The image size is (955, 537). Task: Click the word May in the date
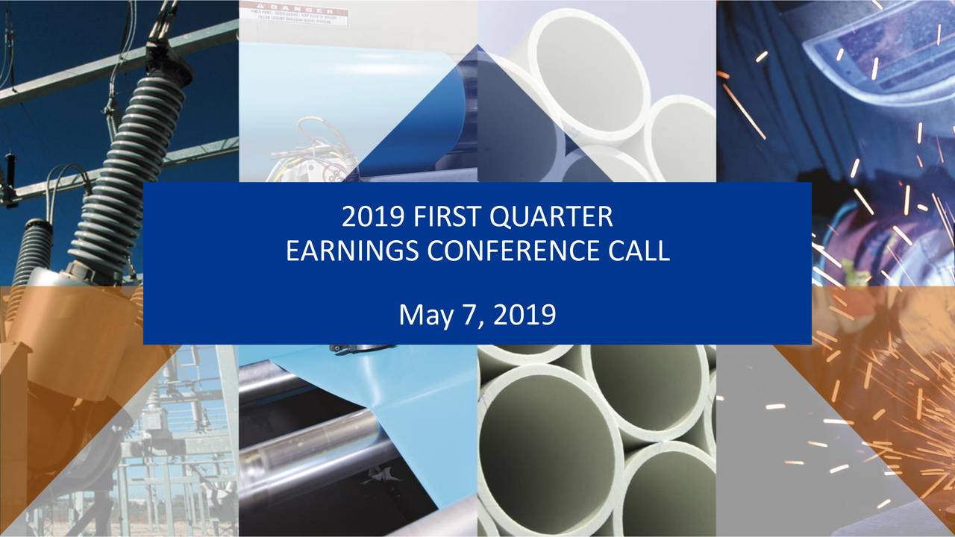point(424,315)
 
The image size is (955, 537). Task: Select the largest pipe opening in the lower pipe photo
point(545,440)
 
